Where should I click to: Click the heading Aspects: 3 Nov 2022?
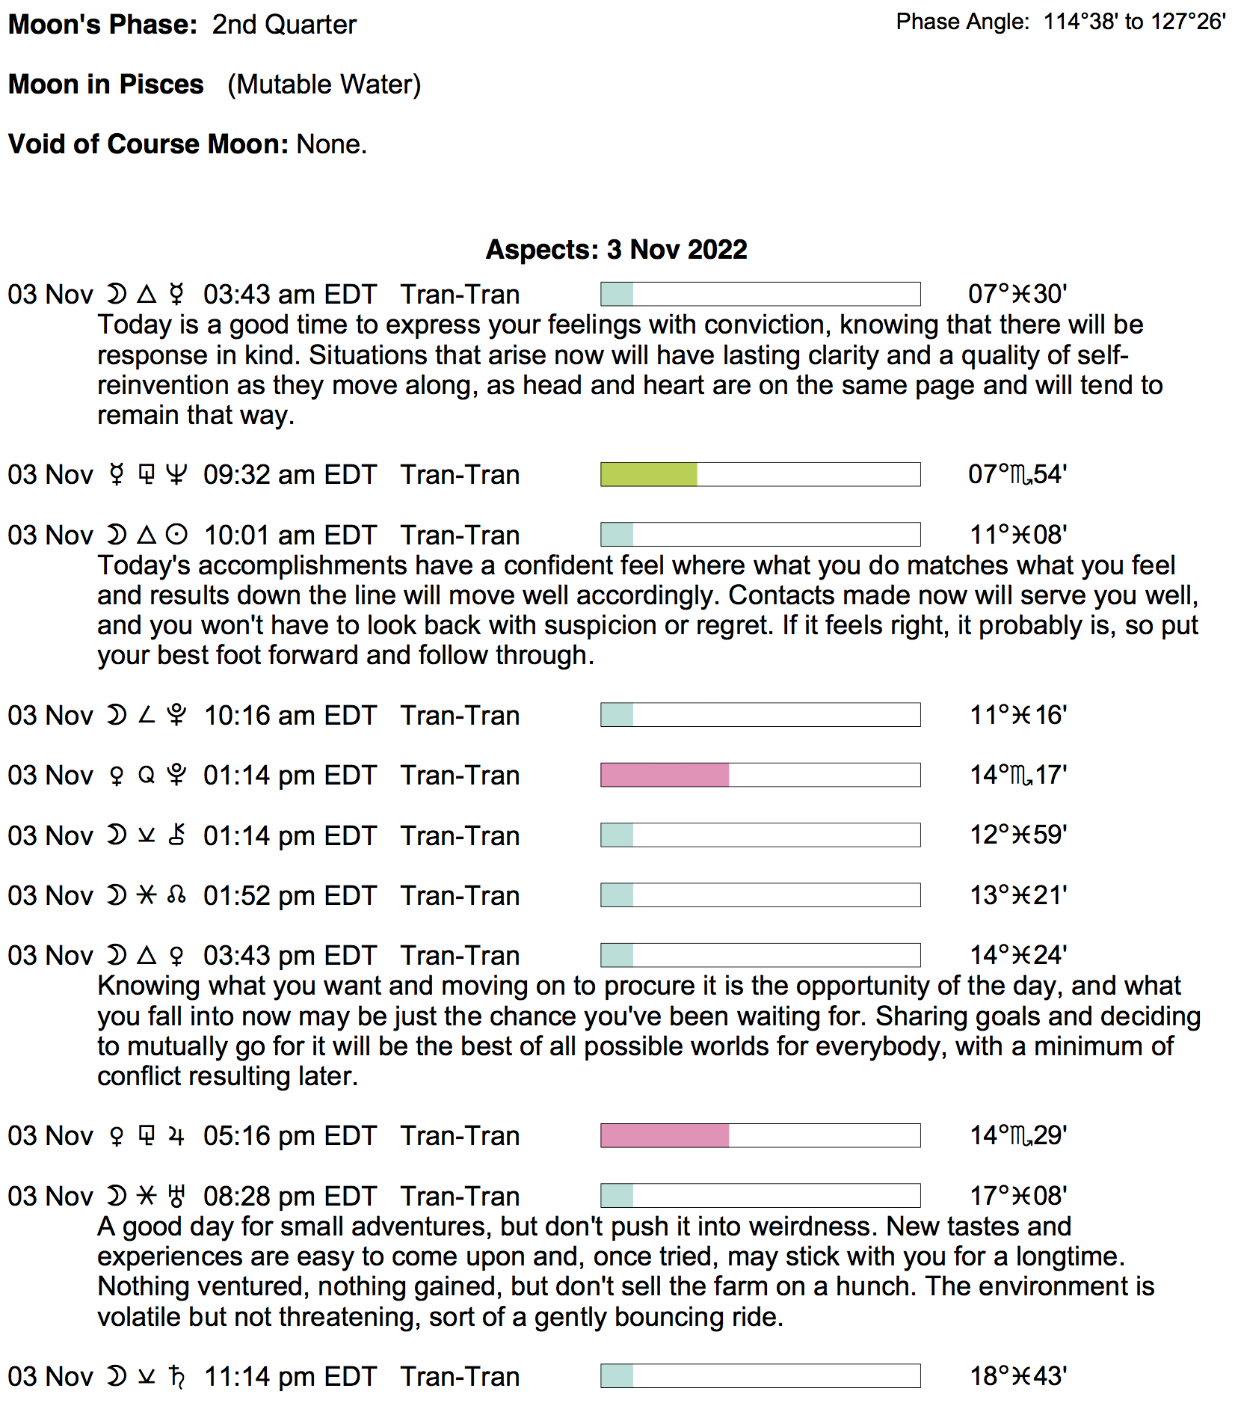pyautogui.click(x=616, y=249)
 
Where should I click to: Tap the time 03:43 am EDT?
pyautogui.click(x=289, y=295)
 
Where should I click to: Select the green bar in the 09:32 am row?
pyautogui.click(x=649, y=474)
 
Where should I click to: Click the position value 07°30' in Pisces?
pyautogui.click(x=1017, y=294)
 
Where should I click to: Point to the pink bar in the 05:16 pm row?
pyautogui.click(x=665, y=1135)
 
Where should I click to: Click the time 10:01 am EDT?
pyautogui.click(x=289, y=535)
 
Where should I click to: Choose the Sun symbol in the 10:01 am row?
pyautogui.click(x=176, y=535)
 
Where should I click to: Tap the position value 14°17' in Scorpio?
pyautogui.click(x=1018, y=775)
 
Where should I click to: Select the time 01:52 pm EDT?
pyautogui.click(x=289, y=895)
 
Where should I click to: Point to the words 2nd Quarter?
pyautogui.click(x=284, y=25)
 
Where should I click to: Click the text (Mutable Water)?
pyautogui.click(x=324, y=85)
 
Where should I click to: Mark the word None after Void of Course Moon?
pyautogui.click(x=330, y=144)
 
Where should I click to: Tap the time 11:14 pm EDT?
pyautogui.click(x=289, y=1376)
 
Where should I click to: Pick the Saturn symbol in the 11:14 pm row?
pyautogui.click(x=176, y=1376)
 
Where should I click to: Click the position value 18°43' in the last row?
pyautogui.click(x=1018, y=1375)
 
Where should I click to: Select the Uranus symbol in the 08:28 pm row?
pyautogui.click(x=176, y=1196)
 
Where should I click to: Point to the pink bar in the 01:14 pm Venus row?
pyautogui.click(x=665, y=775)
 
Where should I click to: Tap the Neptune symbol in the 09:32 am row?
pyautogui.click(x=176, y=474)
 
